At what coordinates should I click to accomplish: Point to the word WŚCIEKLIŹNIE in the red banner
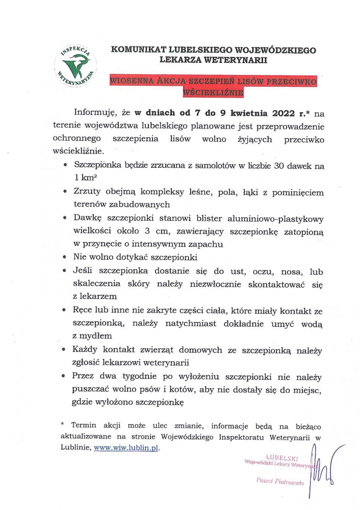[214, 93]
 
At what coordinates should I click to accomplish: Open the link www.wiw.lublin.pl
[130, 447]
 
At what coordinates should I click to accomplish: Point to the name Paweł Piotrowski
[279, 481]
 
